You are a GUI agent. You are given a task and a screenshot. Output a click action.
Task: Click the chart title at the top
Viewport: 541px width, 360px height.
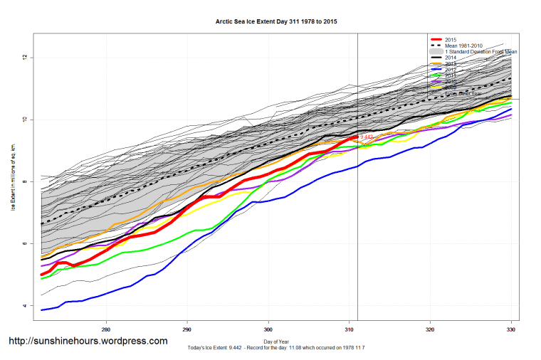tap(276, 22)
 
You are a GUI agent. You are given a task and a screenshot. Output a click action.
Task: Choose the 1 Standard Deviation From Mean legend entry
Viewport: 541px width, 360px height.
tap(481, 52)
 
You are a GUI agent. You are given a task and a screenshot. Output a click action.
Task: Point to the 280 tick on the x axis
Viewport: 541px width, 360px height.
tap(106, 329)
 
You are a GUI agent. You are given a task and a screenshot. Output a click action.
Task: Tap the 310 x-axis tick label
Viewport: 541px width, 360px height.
tap(349, 329)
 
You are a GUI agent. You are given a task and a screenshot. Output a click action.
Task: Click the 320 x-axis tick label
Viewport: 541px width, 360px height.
tap(430, 329)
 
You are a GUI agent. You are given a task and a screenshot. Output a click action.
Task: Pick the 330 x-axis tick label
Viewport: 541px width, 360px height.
tap(510, 329)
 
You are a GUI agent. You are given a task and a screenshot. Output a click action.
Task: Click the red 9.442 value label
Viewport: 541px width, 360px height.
tap(367, 137)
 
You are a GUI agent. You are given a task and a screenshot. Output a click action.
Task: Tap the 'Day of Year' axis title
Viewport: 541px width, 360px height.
tap(276, 342)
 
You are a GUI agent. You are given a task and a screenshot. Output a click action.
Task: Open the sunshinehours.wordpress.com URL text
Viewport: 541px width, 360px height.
tap(88, 342)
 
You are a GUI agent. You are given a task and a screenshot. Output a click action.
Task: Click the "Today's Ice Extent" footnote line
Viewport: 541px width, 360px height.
tap(276, 349)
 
